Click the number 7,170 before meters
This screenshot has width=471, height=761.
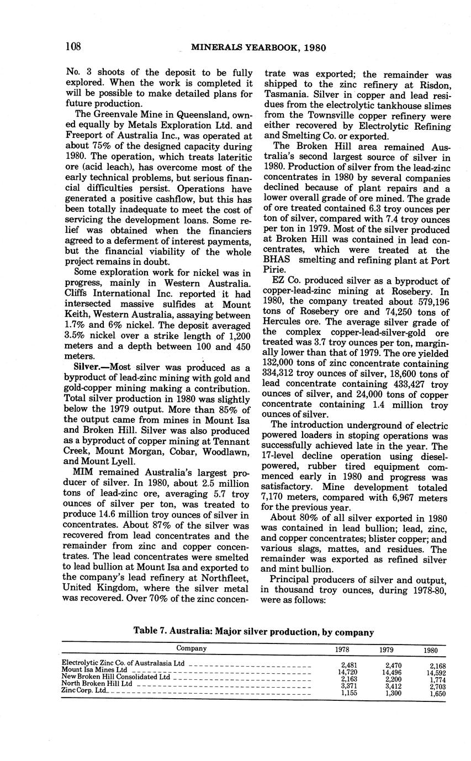(277, 498)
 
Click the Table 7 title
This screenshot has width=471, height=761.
(254, 632)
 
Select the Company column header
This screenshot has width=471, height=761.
(192, 648)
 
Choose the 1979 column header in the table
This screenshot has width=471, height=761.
(386, 650)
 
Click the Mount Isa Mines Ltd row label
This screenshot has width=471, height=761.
(94, 669)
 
